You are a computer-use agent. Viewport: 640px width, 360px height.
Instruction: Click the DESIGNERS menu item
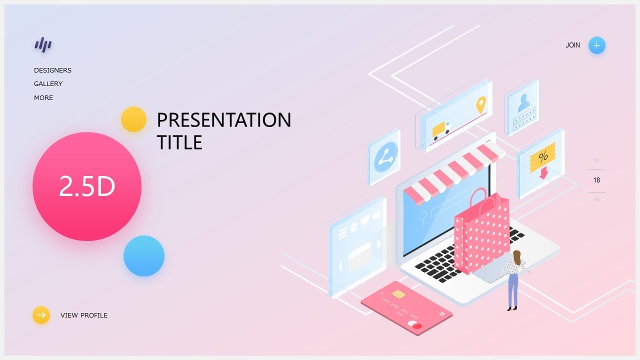[x=52, y=70]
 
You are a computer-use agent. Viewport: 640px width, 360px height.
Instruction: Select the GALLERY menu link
[x=48, y=84]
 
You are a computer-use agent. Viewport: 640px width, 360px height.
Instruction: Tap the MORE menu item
[x=43, y=98]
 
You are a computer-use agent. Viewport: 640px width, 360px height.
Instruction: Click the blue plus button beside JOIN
[x=596, y=45]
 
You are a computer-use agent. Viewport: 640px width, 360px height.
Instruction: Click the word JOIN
[x=572, y=45]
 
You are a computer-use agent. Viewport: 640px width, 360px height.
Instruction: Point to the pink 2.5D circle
[x=87, y=186]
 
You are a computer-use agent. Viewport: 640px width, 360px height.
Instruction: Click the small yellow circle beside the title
[x=133, y=119]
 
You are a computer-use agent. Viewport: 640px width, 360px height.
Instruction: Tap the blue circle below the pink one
[x=144, y=256]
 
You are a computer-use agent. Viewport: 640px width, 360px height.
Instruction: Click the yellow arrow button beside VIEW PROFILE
[x=41, y=315]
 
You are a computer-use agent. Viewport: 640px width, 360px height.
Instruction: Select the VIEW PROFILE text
[x=84, y=315]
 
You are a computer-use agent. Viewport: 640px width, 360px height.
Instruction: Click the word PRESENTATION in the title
[x=223, y=120]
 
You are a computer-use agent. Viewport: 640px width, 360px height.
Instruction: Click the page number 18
[x=596, y=180]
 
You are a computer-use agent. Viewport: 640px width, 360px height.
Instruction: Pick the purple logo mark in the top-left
[x=43, y=45]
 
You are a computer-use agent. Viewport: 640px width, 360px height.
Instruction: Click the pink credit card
[x=406, y=307]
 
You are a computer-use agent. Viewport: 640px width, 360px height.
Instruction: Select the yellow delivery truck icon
[x=441, y=130]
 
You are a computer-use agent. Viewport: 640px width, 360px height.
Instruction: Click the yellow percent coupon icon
[x=542, y=157]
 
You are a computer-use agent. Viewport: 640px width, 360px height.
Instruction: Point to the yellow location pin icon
[x=480, y=104]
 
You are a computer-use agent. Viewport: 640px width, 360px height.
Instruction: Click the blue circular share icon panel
[x=385, y=157]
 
